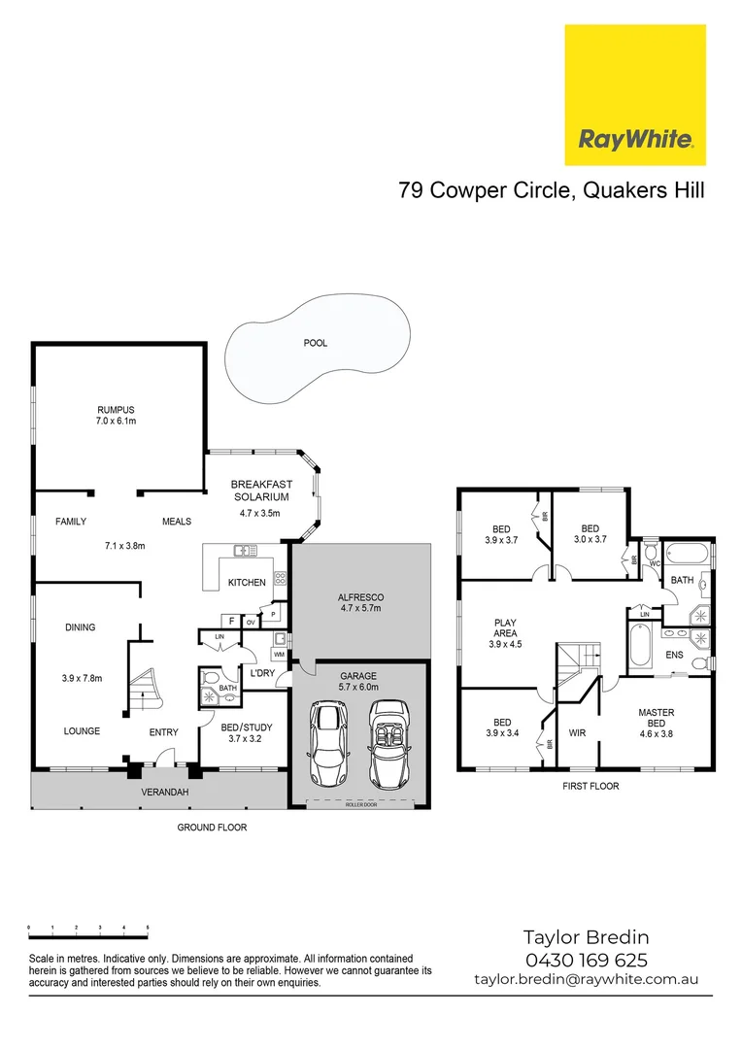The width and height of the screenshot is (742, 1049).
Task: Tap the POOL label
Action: [316, 343]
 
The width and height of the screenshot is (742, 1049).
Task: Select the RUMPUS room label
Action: [116, 409]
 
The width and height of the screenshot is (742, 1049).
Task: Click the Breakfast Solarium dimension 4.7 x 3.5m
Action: [259, 513]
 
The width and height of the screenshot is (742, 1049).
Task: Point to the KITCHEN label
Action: [247, 583]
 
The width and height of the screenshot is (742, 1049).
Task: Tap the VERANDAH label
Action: [164, 793]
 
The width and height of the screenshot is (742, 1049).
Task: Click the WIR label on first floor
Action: [576, 732]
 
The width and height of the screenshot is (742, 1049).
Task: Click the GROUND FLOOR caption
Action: [212, 828]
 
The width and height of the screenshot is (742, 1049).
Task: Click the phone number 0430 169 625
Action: [586, 960]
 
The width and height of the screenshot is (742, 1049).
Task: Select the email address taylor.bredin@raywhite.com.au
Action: [586, 980]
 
